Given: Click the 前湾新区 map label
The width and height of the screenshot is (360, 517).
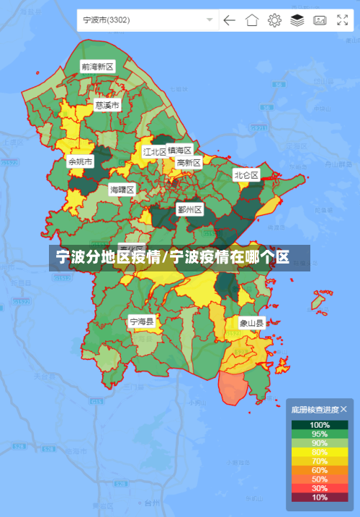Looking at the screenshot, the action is click(x=97, y=66).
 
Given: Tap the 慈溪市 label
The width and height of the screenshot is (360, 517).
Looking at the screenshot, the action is click(x=107, y=105).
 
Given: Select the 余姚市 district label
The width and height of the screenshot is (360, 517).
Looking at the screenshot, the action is click(x=80, y=162).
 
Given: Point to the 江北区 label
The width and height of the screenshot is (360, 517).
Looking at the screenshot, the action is click(x=154, y=152).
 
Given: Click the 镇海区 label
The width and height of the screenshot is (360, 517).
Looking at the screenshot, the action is click(x=180, y=150).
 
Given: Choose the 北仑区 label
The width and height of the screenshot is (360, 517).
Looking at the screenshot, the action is click(x=246, y=175).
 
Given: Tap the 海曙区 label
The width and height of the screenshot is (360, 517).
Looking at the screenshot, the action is click(x=122, y=189).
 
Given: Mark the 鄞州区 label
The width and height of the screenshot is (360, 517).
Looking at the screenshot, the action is click(x=190, y=210).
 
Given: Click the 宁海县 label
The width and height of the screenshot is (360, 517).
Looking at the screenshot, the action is click(x=141, y=321).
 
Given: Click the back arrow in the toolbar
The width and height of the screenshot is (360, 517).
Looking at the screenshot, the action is click(x=229, y=20).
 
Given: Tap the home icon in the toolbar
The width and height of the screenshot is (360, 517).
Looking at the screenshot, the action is click(x=251, y=20).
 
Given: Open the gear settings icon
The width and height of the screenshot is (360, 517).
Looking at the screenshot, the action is click(x=274, y=20).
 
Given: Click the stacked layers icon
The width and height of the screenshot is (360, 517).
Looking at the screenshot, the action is click(x=297, y=20).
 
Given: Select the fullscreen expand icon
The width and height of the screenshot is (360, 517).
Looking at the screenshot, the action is click(x=342, y=20).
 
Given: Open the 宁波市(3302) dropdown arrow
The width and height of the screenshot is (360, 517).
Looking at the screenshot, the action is click(x=210, y=20).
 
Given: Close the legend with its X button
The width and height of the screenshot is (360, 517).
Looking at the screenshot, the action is click(x=343, y=409).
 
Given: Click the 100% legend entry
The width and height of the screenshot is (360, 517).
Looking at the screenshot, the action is click(x=320, y=425).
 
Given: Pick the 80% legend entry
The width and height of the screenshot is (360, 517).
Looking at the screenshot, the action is click(x=320, y=451).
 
